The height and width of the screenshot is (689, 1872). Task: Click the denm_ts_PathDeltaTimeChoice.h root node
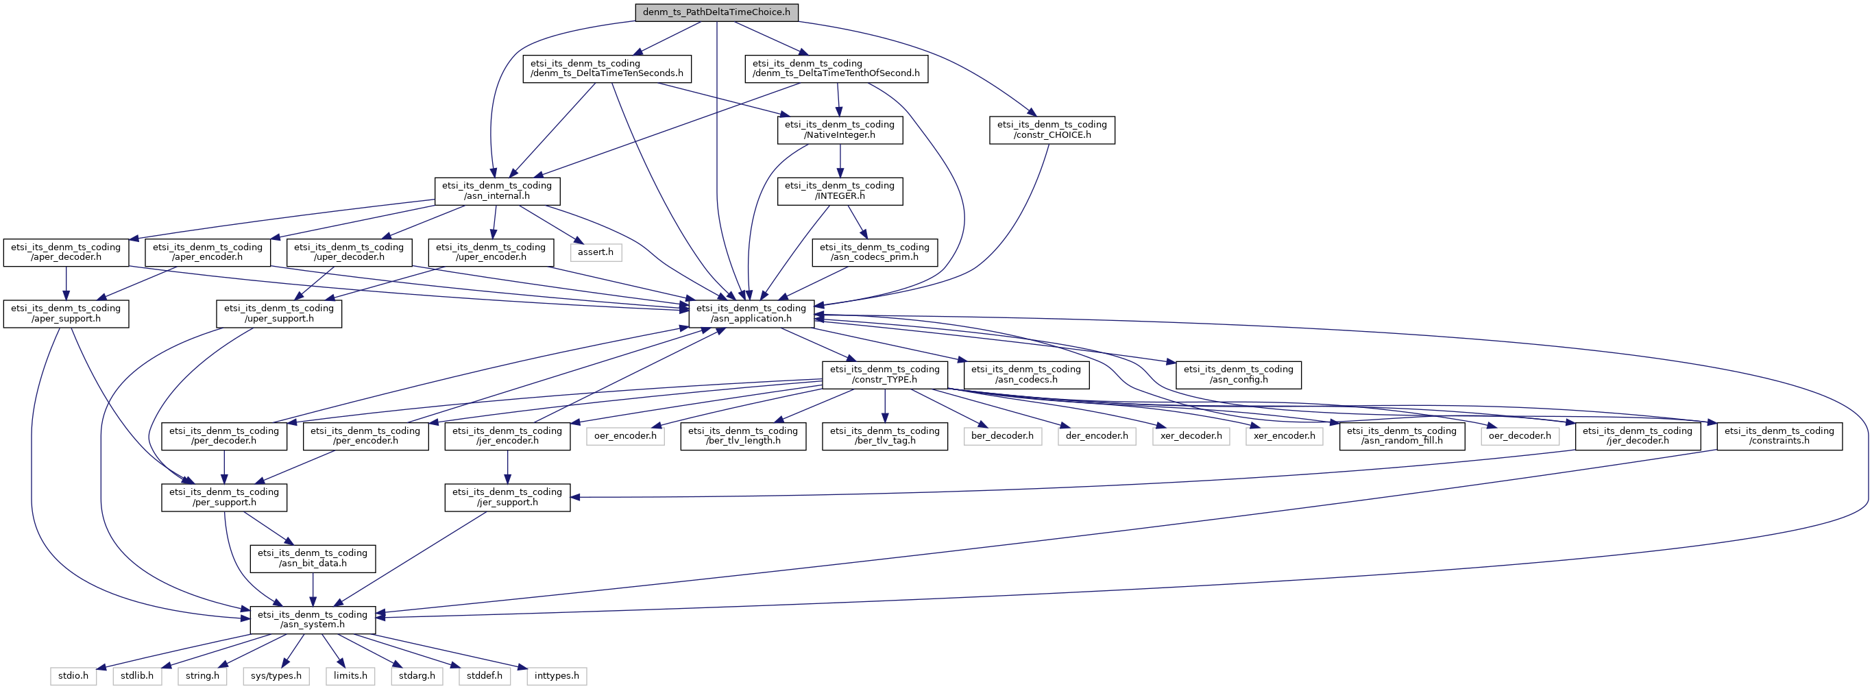[716, 12]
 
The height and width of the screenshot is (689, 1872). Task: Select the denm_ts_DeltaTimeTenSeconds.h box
[606, 69]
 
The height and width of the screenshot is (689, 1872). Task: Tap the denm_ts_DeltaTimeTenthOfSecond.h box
[836, 69]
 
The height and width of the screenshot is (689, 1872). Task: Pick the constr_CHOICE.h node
[1051, 130]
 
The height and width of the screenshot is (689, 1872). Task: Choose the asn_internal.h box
[496, 191]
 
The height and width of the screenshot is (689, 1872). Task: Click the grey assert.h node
[595, 252]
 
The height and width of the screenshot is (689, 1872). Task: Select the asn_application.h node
[751, 313]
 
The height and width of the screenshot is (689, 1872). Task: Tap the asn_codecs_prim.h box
[873, 252]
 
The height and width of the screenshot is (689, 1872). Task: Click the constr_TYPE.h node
[884, 374]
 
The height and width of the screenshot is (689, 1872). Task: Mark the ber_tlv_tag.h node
[884, 436]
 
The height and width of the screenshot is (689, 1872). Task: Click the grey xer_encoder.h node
[1283, 436]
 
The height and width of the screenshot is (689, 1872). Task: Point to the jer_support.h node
[507, 497]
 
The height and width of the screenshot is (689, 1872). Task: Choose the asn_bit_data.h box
[313, 558]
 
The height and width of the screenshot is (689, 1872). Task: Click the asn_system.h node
[313, 620]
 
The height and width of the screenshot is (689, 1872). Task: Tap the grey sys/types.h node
[276, 676]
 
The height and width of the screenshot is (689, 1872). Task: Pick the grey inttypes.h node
[556, 676]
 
